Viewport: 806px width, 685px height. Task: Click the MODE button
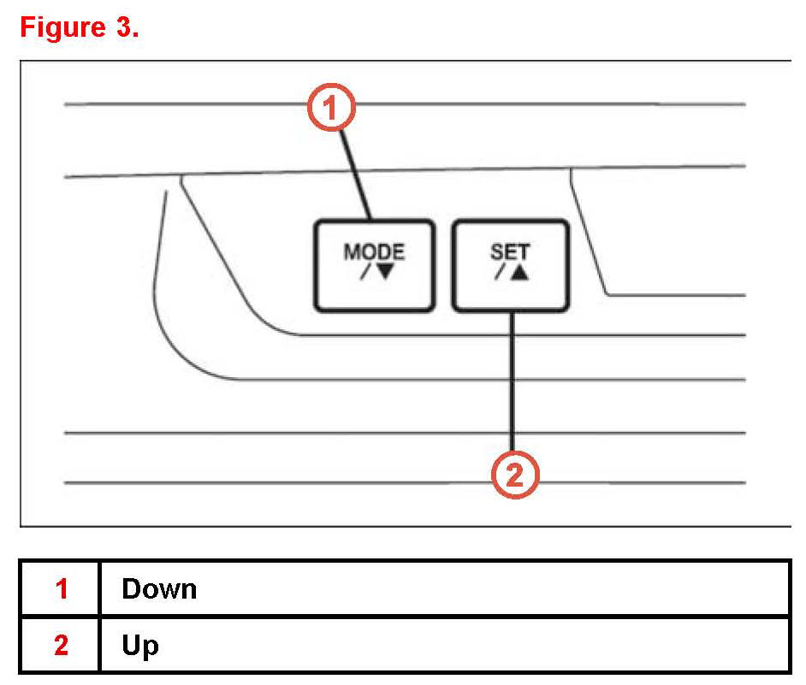pyautogui.click(x=374, y=265)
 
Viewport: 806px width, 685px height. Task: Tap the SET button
pyautogui.click(x=510, y=265)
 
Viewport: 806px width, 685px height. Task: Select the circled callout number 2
pyautogui.click(x=514, y=475)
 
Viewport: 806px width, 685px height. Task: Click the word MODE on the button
pyautogui.click(x=374, y=253)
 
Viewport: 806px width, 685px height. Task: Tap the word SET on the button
pyautogui.click(x=510, y=253)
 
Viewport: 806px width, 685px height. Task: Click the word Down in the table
pyautogui.click(x=159, y=589)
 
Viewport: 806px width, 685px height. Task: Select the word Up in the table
pyautogui.click(x=140, y=646)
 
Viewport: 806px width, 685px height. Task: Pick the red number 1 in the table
pyautogui.click(x=61, y=589)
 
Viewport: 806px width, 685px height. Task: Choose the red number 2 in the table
pyautogui.click(x=61, y=646)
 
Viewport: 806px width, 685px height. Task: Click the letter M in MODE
pyautogui.click(x=351, y=253)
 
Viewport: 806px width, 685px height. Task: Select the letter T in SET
pyautogui.click(x=524, y=253)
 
